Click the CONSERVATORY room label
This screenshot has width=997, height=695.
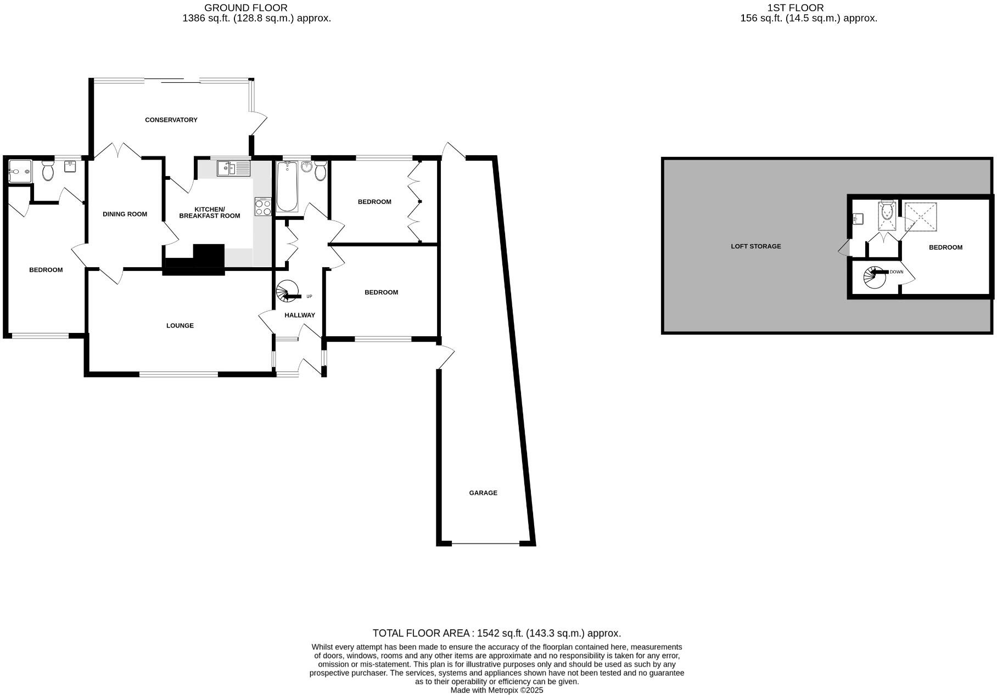point(171,120)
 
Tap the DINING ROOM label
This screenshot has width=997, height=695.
point(125,214)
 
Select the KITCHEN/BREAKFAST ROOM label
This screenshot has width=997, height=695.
point(209,212)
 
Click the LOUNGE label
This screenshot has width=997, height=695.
point(180,325)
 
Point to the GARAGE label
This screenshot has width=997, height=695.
point(483,493)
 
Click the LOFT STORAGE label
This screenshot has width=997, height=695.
point(755,246)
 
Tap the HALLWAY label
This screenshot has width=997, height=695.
point(299,315)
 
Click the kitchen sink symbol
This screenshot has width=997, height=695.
point(233,168)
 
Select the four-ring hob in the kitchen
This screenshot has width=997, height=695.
point(263,207)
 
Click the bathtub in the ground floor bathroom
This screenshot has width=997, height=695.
point(287,187)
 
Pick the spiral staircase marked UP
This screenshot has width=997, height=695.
point(288,291)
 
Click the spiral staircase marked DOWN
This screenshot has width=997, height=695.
point(874,277)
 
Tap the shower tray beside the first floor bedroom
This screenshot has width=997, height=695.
point(920,217)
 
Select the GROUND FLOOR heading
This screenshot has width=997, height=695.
point(245,8)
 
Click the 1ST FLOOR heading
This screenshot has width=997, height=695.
point(795,8)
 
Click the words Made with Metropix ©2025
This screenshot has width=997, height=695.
point(496,690)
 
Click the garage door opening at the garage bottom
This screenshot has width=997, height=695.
point(485,544)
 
